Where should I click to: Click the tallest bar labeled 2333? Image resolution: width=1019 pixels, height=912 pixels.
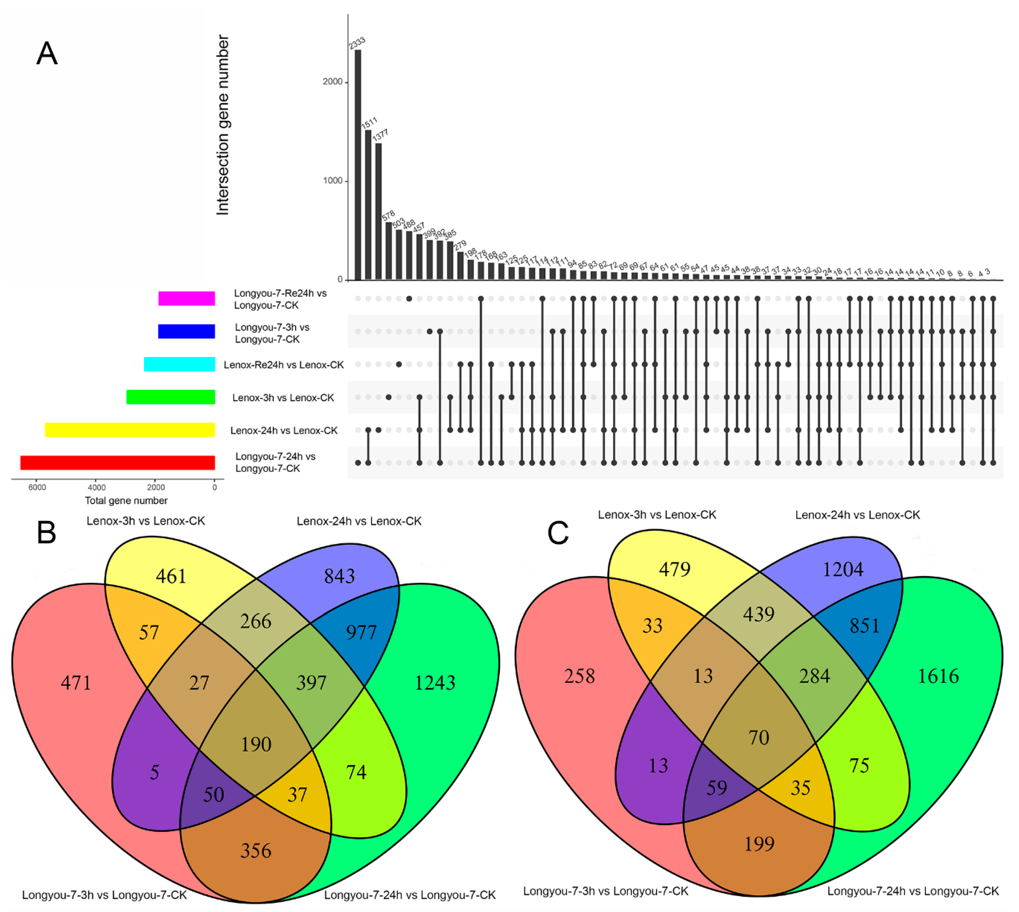pyautogui.click(x=358, y=165)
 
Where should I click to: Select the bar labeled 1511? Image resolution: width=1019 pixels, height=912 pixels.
pyautogui.click(x=368, y=206)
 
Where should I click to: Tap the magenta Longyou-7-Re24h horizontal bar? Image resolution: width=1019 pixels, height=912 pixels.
pyautogui.click(x=187, y=299)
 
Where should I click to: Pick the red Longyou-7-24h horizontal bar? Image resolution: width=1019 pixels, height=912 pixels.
pyautogui.click(x=118, y=462)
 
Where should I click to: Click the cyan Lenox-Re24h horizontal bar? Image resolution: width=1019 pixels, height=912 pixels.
pyautogui.click(x=179, y=364)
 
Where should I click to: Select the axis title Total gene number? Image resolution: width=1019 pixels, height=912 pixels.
pyautogui.click(x=126, y=501)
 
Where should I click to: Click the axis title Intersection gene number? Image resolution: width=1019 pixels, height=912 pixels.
pyautogui.click(x=223, y=125)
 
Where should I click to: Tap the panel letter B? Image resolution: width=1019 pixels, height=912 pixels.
pyautogui.click(x=47, y=533)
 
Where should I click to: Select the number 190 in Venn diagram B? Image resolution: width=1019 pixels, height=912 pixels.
pyautogui.click(x=256, y=744)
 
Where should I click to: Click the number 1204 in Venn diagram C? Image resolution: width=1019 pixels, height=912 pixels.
pyautogui.click(x=843, y=569)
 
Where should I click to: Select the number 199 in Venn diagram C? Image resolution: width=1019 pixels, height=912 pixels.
pyautogui.click(x=759, y=844)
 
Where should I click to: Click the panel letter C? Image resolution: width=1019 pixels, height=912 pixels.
pyautogui.click(x=558, y=533)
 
